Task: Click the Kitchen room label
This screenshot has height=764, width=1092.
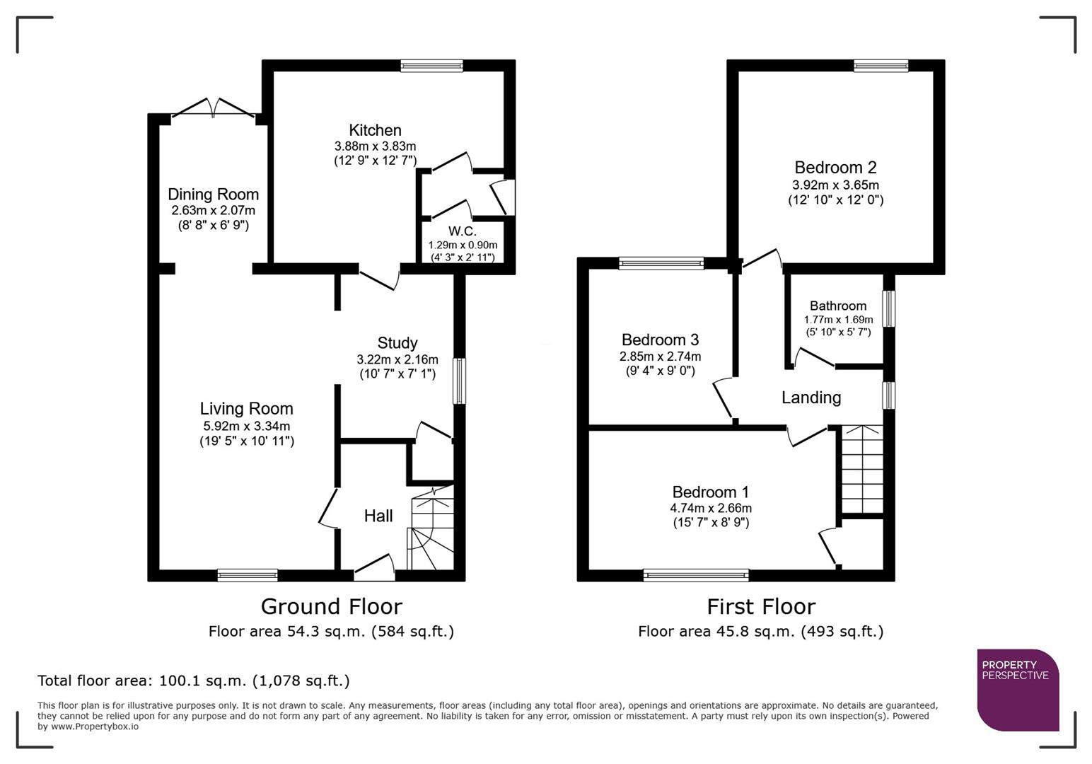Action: coord(375,130)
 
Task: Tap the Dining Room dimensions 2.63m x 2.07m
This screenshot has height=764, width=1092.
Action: coord(213,211)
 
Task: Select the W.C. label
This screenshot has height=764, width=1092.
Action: coord(462,231)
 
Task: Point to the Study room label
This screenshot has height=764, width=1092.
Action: coord(397,343)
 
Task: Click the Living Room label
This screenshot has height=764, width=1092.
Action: coord(246,409)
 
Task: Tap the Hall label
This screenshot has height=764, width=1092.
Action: coord(378,516)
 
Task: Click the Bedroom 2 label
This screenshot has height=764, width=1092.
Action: coord(835,168)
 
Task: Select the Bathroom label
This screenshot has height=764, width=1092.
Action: coord(837,306)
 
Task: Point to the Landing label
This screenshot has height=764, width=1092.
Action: coord(811,398)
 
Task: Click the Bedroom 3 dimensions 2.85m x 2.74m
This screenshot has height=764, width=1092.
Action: coord(660,357)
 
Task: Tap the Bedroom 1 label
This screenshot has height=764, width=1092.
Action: coord(710,492)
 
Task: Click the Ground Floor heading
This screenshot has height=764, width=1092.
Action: coord(331,607)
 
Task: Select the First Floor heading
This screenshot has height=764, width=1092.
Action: coord(761,607)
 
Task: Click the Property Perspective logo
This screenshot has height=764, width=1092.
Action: coord(1018,690)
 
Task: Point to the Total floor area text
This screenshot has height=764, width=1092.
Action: coord(193,681)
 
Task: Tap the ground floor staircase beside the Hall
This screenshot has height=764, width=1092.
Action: coord(431,531)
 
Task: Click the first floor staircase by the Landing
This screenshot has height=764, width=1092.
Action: coord(862,470)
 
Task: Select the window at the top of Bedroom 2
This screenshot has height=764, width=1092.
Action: coord(881,66)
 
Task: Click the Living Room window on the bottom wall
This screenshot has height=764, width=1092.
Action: coord(248,575)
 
